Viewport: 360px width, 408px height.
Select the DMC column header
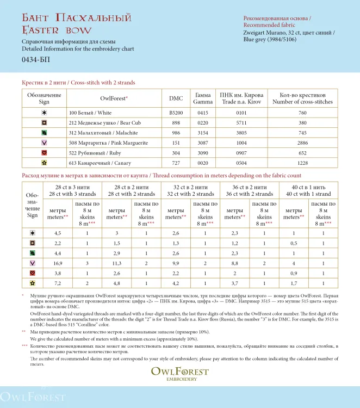click(176, 98)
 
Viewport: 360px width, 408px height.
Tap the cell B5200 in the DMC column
click(176, 113)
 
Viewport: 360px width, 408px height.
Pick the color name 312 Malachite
click(96, 133)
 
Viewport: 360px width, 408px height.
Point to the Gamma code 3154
click(202, 133)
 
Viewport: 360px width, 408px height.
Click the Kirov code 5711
click(241, 123)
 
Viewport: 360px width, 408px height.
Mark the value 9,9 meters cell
click(174, 263)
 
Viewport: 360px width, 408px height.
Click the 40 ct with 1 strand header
click(308, 190)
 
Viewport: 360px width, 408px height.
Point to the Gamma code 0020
click(202, 163)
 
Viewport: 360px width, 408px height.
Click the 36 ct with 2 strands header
click(249, 190)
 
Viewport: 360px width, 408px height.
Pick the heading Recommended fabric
click(269, 25)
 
